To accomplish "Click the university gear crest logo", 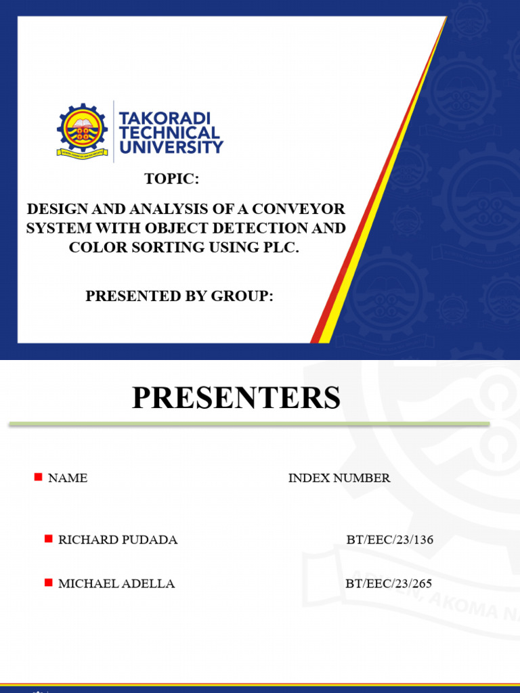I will tap(82, 131).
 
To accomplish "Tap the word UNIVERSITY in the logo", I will tap(171, 146).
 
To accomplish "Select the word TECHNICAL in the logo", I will tap(169, 133).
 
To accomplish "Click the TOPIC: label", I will tap(172, 179).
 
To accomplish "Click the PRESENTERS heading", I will tap(236, 398).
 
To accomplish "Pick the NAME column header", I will tap(68, 478).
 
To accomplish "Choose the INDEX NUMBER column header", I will tap(339, 478).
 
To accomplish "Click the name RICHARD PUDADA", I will tap(118, 539).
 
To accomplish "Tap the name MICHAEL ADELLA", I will tap(116, 583).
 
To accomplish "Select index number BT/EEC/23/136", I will tap(389, 539).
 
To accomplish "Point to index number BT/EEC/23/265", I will tap(389, 583).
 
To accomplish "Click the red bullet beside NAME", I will tap(38, 477).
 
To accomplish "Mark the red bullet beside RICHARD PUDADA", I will tap(48, 539).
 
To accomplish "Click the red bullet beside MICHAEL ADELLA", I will tap(48, 583).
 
